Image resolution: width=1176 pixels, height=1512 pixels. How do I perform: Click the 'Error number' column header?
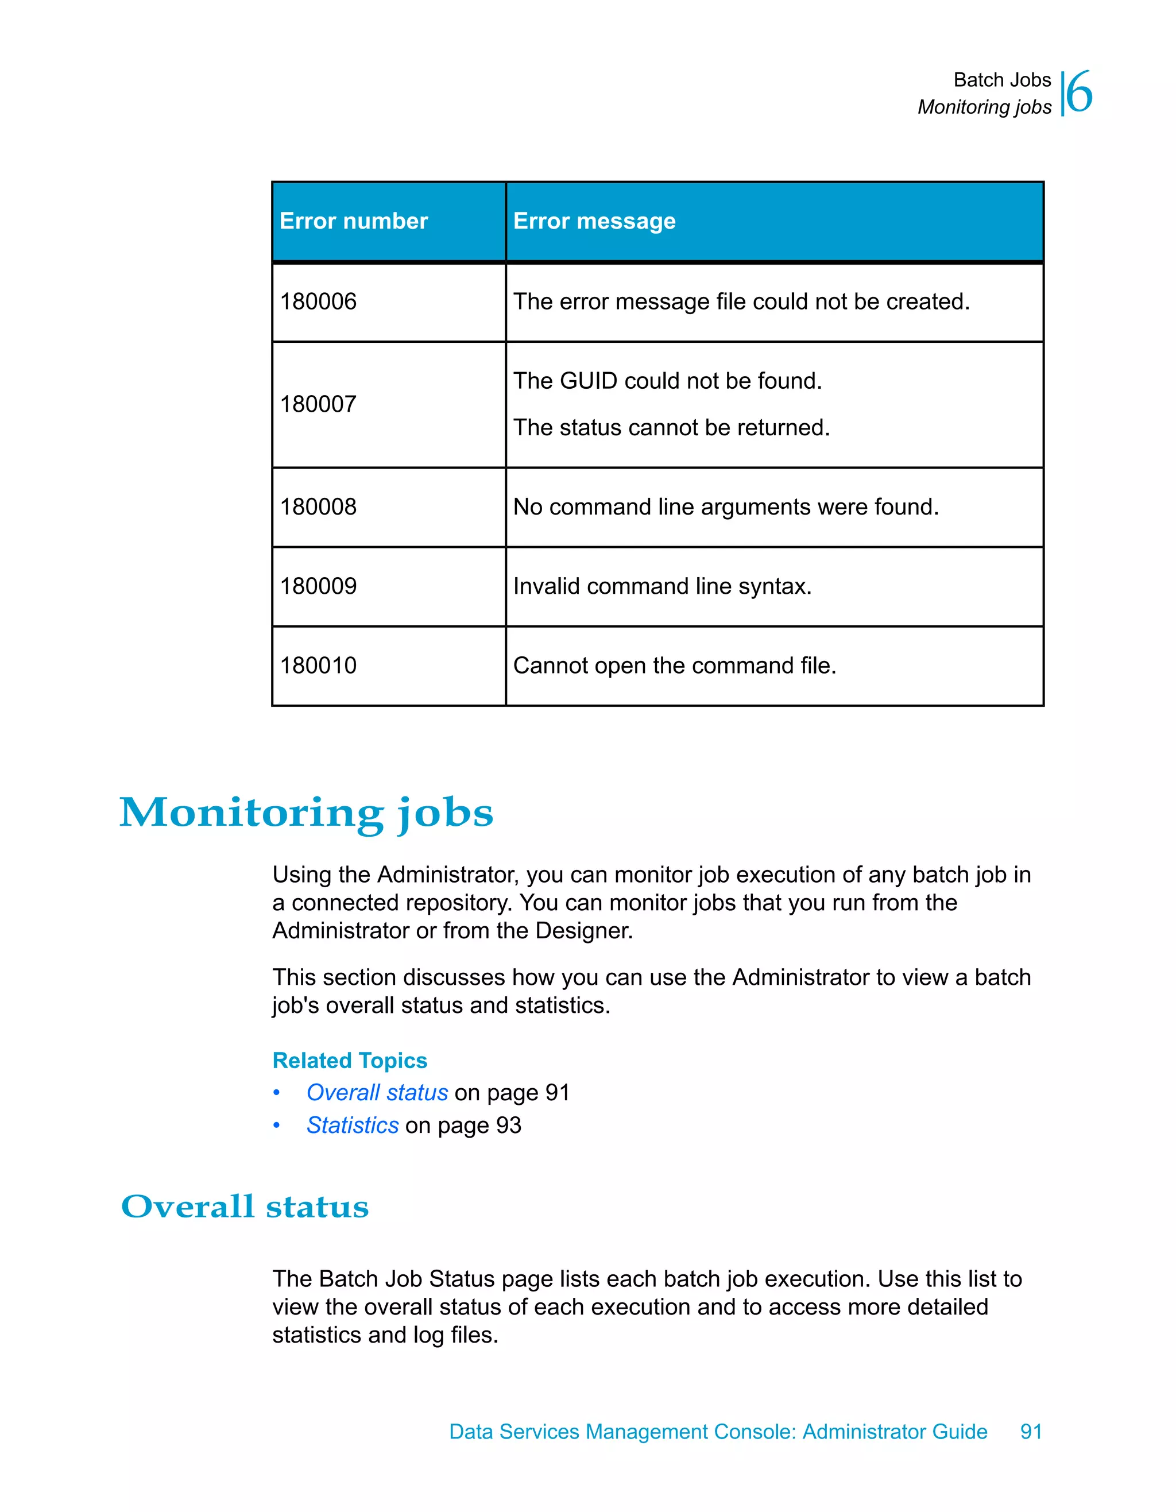tap(354, 221)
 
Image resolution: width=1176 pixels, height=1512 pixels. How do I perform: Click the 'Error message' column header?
tap(594, 221)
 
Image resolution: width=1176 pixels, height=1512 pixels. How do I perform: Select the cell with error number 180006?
tap(318, 302)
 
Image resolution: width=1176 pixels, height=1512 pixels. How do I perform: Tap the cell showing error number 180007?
tap(318, 404)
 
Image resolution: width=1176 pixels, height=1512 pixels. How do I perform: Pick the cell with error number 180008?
tap(318, 506)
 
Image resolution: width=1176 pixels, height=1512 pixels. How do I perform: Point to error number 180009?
tap(318, 586)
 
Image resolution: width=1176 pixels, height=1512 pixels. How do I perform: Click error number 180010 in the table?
tap(318, 666)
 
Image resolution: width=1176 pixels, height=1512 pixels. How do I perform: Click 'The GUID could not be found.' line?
tap(667, 381)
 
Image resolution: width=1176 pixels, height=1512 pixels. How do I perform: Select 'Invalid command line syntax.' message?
tap(661, 586)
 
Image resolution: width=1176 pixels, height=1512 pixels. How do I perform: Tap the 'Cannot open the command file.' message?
tap(674, 666)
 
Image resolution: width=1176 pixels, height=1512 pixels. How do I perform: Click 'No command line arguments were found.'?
tap(725, 506)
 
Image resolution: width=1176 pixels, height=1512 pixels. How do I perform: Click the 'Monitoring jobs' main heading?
tap(306, 813)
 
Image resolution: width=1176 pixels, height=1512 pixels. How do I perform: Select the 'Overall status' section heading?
tap(245, 1206)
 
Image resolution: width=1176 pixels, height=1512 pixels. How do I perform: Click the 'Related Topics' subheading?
tap(350, 1061)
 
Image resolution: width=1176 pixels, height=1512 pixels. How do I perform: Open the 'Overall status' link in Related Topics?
tap(377, 1092)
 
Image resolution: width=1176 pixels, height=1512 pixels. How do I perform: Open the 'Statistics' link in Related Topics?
tap(353, 1126)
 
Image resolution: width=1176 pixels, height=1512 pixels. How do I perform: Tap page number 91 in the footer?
tap(1031, 1432)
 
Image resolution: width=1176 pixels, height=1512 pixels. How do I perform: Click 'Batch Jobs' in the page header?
tap(1001, 80)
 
